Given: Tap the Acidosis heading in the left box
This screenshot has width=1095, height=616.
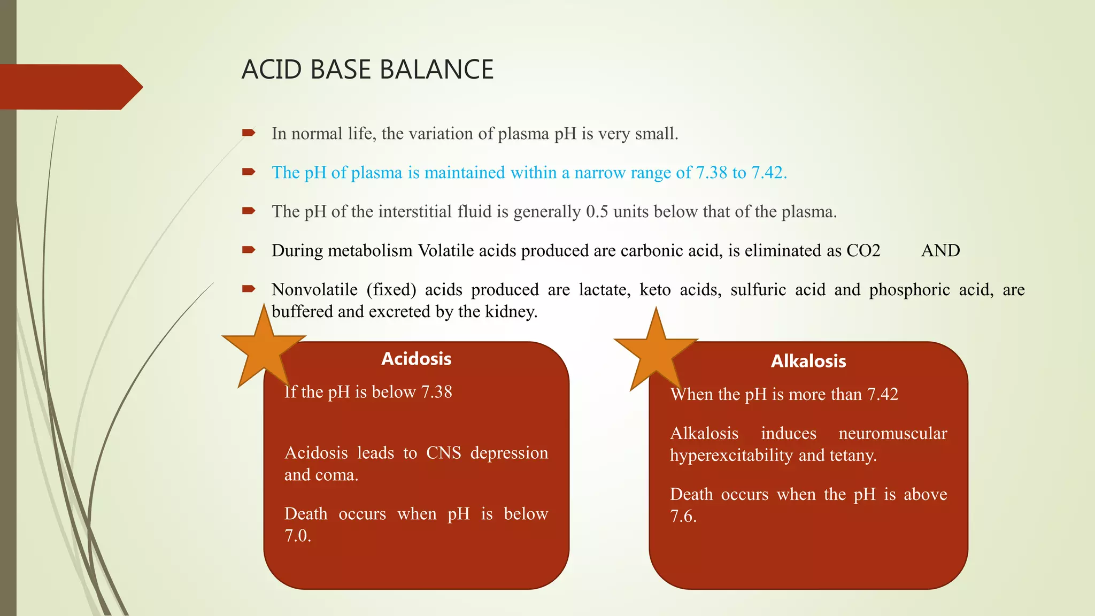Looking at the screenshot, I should tap(416, 359).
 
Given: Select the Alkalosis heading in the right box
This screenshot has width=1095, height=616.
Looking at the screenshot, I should tap(808, 361).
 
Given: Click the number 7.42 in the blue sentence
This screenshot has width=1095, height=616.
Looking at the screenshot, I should tap(768, 173).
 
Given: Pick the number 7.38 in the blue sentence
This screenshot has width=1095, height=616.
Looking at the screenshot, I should tap(711, 173).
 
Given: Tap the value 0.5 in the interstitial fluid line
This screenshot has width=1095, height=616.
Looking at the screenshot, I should tap(597, 212).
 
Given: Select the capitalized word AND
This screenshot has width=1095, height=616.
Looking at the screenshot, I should tap(940, 251).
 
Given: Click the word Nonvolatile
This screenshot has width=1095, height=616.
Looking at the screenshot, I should tap(314, 290).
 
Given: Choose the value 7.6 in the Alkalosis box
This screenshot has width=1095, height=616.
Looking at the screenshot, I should tap(683, 517).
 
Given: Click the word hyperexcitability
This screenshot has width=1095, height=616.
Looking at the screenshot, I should tap(731, 456).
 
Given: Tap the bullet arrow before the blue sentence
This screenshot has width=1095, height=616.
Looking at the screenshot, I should tap(249, 172).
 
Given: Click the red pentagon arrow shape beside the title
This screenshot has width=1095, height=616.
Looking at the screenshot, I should tap(70, 87).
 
